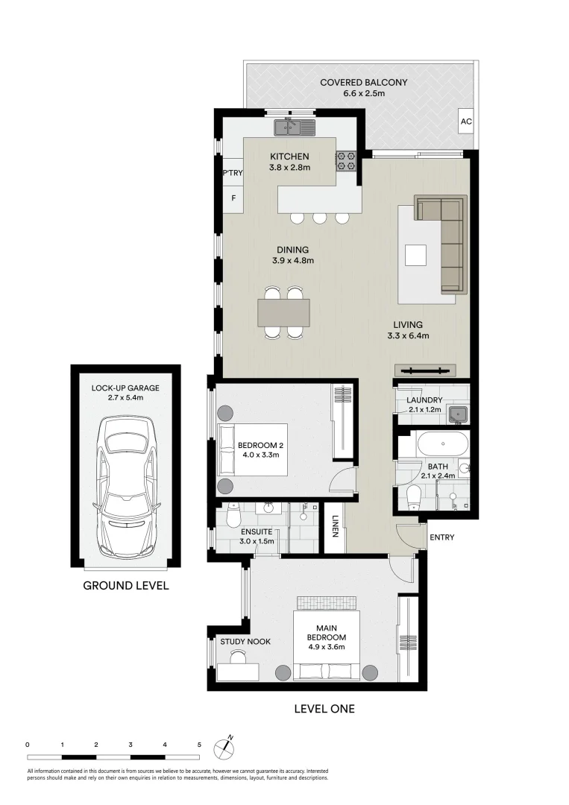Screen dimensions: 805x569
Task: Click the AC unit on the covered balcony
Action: click(466, 121)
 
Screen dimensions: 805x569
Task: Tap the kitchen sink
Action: click(296, 127)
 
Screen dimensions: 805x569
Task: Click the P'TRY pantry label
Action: click(233, 173)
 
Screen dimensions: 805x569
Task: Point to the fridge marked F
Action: click(233, 198)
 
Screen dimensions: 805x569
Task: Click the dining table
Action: click(283, 313)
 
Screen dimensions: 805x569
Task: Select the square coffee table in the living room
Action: click(416, 256)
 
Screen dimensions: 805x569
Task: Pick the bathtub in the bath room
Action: click(442, 446)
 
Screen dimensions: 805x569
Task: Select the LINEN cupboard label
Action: click(336, 526)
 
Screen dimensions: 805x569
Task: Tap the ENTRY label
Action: click(441, 537)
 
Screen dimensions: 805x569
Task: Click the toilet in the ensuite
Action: click(234, 515)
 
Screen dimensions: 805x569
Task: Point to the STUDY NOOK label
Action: click(245, 641)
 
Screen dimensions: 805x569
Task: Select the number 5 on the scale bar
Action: click(199, 744)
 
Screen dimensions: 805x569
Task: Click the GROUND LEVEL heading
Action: click(125, 585)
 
